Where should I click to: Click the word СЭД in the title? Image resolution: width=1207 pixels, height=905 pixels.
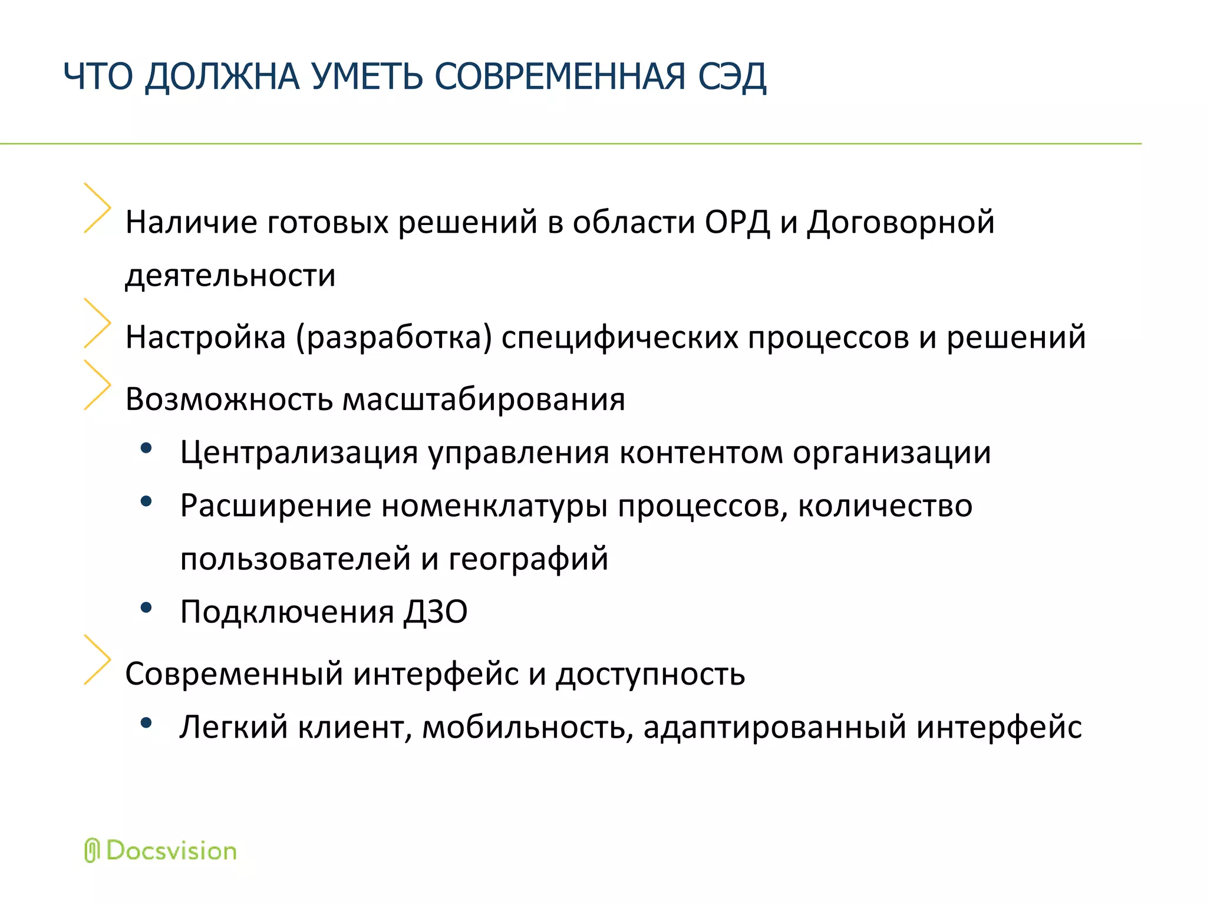point(731,77)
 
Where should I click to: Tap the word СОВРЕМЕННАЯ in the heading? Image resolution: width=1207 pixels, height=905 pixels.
point(560,77)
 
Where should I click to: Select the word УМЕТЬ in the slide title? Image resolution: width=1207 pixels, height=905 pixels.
point(367,77)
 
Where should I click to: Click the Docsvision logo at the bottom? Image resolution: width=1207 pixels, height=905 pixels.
point(160,851)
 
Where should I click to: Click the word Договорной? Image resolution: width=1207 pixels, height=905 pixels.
point(901,223)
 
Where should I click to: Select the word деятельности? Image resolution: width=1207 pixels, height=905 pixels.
point(230,276)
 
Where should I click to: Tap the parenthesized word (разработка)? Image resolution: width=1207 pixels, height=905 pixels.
point(394,338)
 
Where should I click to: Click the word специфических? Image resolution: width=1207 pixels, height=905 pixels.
point(619,338)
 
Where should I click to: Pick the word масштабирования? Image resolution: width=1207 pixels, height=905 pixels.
point(483,399)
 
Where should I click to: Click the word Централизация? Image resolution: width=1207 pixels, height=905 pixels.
point(299,453)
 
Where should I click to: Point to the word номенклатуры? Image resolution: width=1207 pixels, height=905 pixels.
point(494,506)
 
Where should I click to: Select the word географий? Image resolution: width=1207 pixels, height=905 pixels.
point(528,559)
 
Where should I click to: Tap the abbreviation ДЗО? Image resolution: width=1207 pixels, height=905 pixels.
point(436,612)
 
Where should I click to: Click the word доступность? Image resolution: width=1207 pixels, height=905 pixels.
point(651,674)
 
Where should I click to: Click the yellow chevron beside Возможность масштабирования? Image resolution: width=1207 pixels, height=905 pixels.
point(97,385)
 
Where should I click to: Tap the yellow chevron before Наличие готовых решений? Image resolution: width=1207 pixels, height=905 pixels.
point(97,207)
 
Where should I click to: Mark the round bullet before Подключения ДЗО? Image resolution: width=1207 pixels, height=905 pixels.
point(146,607)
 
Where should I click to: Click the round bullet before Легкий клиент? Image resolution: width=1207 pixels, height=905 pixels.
point(146,722)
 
